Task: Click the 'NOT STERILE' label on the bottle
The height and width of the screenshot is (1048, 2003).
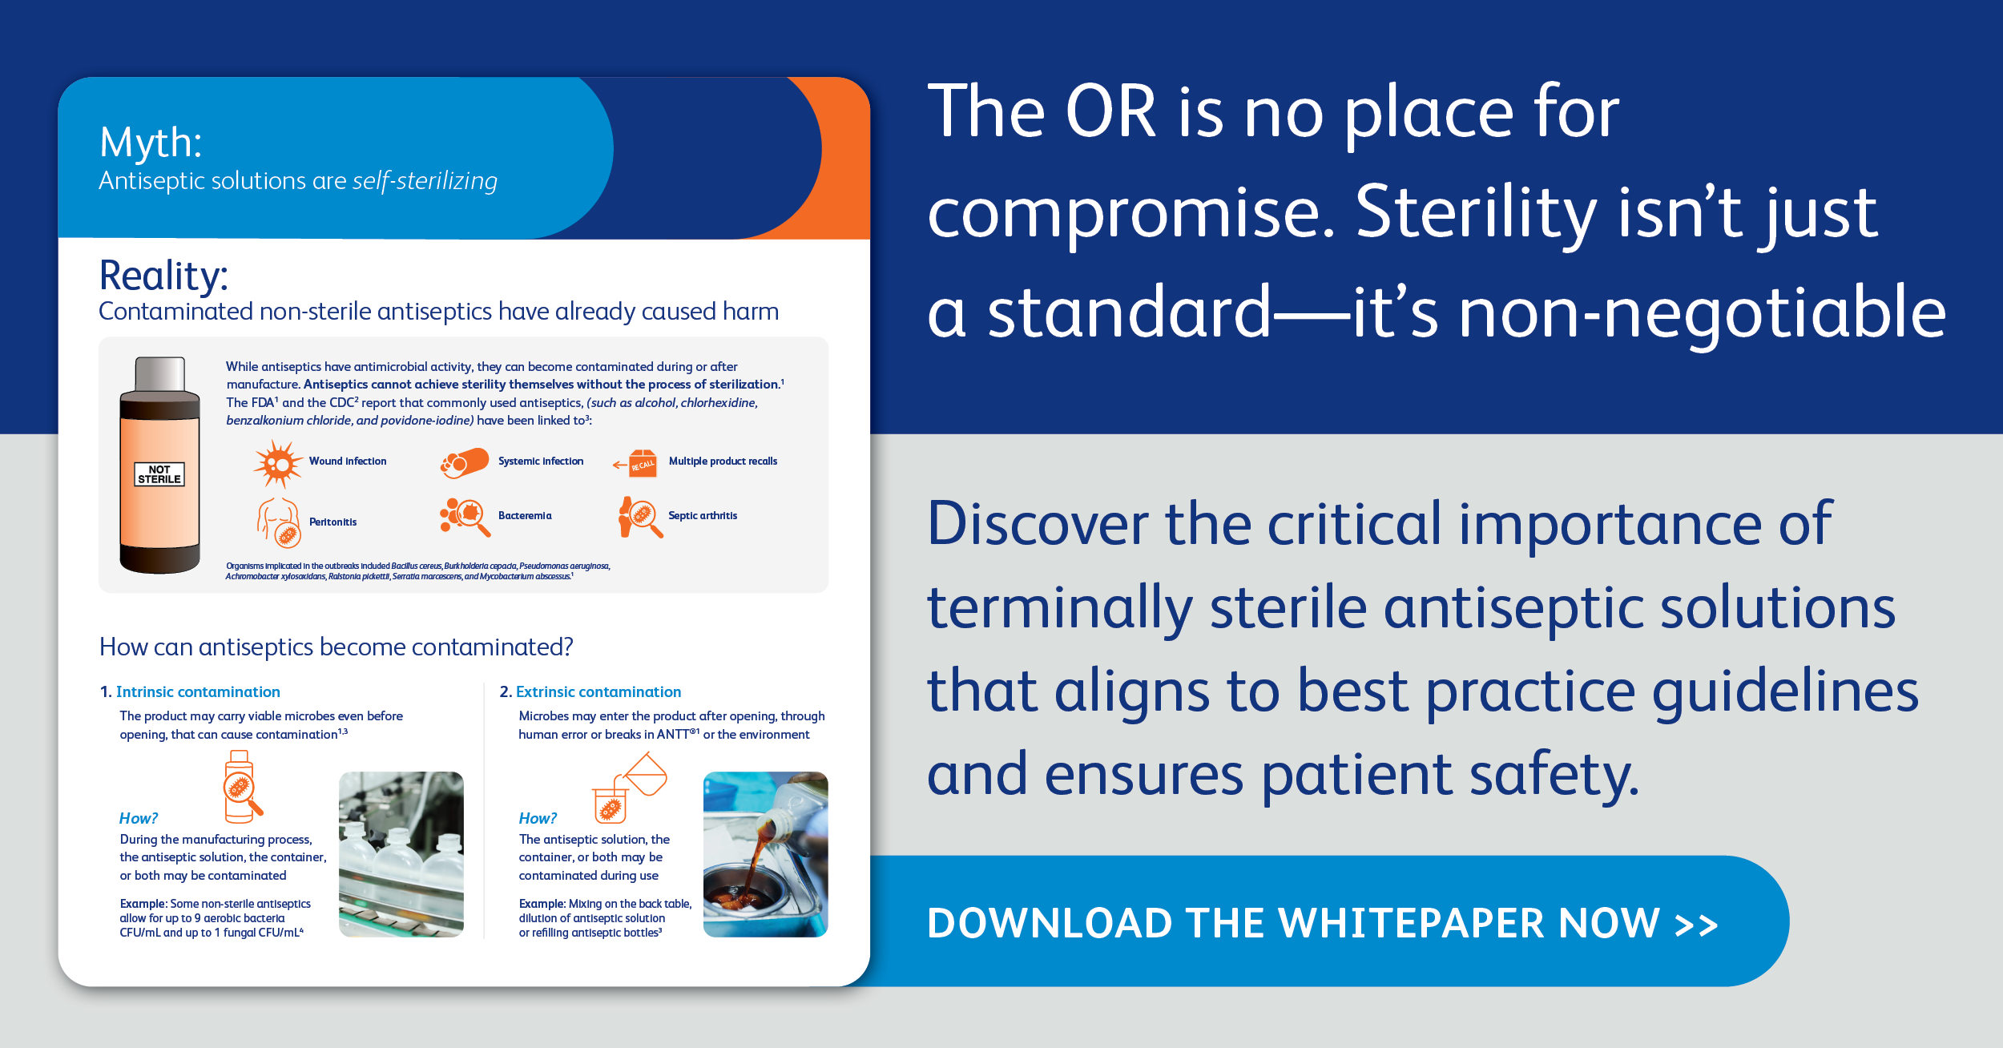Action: pos(159,474)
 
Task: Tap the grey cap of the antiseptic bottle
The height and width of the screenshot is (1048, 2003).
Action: pos(160,374)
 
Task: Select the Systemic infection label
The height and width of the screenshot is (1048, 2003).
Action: pos(541,462)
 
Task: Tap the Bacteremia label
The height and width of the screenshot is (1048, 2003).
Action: pos(525,516)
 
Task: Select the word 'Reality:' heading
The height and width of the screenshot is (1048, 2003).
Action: pos(163,276)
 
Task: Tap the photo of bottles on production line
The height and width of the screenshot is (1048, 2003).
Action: pos(401,854)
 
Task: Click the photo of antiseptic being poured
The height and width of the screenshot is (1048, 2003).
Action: pos(766,854)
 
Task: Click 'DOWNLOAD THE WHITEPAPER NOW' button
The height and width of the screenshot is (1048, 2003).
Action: pos(1323,921)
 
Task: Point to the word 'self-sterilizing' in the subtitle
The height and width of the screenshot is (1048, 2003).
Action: pos(425,181)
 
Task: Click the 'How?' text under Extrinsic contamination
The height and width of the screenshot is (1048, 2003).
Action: pos(538,818)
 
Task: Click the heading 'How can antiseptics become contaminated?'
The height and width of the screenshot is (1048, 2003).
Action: pos(337,647)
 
